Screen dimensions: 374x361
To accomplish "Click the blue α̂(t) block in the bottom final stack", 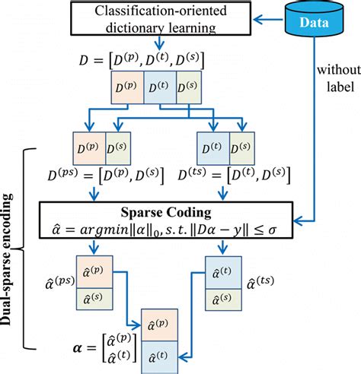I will tap(161, 356).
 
